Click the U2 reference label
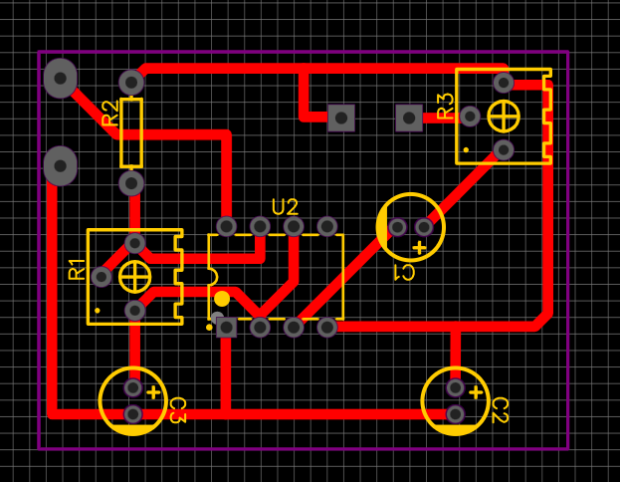click(285, 207)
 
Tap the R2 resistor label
click(110, 114)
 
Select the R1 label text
click(77, 270)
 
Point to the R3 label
click(446, 106)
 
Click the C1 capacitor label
click(404, 273)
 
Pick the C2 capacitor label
click(500, 410)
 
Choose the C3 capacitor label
click(177, 410)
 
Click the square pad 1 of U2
click(227, 328)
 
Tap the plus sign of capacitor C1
click(419, 248)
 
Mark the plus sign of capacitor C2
click(476, 393)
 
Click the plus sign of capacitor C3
click(153, 393)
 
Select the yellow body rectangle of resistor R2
click(131, 133)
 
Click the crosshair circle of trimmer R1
click(134, 277)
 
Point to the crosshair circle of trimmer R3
click(504, 117)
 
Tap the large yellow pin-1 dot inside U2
click(222, 299)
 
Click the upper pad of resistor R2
click(131, 83)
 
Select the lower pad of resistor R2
click(131, 183)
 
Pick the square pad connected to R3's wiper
click(409, 118)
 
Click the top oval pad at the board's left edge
click(60, 79)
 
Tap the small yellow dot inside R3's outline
click(466, 150)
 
